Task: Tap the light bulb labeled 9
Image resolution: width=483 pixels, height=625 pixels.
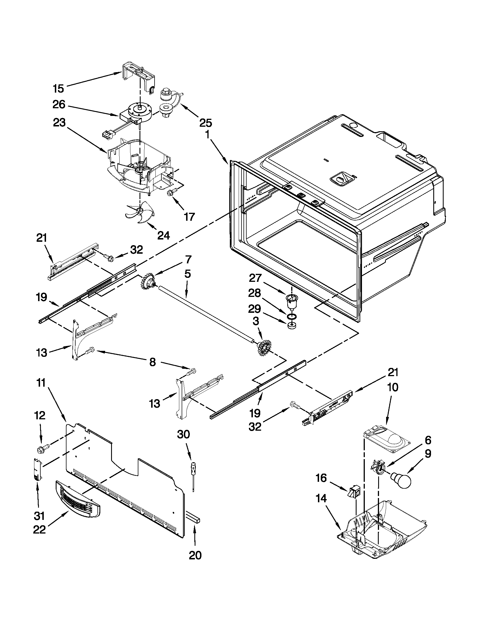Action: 402,480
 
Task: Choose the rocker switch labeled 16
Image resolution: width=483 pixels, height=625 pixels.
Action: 353,492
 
